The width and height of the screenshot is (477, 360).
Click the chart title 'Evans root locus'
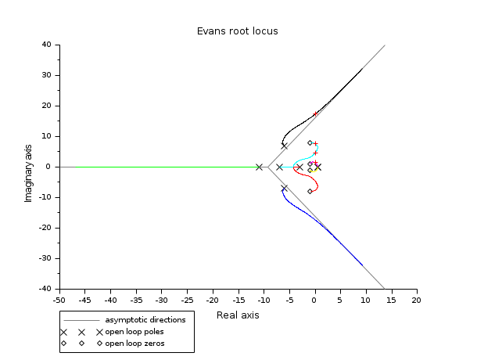point(237,31)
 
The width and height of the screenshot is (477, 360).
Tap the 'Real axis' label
point(238,315)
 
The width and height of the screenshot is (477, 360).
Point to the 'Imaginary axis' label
point(28,167)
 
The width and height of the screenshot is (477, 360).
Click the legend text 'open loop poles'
point(134,332)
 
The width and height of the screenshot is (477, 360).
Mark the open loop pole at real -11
point(259,167)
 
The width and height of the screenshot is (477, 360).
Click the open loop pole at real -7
point(279,167)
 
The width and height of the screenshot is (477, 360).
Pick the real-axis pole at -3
point(299,167)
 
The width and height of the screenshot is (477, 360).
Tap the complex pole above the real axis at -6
point(284,146)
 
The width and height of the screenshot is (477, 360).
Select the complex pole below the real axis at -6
point(284,188)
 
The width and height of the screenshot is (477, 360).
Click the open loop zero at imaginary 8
point(310,142)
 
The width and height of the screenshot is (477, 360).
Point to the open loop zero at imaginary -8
point(310,191)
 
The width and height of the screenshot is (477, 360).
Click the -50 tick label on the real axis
point(59,299)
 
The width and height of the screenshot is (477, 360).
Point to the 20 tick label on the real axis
point(416,299)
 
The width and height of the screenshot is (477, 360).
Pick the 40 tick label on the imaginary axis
point(46,45)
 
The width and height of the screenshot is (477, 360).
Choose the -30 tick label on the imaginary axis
point(45,258)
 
